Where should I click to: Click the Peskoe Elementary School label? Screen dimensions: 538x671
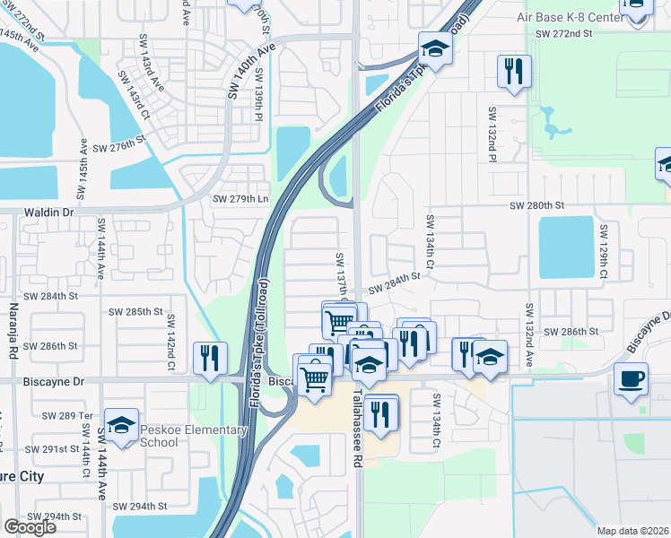click(x=193, y=436)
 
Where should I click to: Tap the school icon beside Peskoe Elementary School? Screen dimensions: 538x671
click(x=121, y=424)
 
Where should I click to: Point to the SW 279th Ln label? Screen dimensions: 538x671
click(x=239, y=198)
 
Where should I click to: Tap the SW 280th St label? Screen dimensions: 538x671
click(x=536, y=205)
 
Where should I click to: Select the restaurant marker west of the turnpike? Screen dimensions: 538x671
click(x=210, y=357)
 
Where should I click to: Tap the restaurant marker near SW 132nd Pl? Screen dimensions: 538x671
click(x=514, y=70)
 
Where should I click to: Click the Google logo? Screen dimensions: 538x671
click(x=30, y=526)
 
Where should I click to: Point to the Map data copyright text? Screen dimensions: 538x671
click(x=632, y=531)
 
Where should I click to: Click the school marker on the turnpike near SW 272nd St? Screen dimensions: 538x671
click(x=435, y=47)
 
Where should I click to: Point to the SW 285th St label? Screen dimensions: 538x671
click(x=135, y=312)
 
